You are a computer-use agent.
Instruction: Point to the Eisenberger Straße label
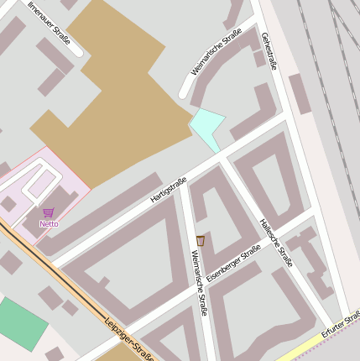(x=233, y=262)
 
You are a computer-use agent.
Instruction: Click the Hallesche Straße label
(x=276, y=243)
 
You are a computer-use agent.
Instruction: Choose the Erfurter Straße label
(x=340, y=322)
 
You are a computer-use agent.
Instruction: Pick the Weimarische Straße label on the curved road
(x=216, y=52)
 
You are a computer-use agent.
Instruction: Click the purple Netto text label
(x=49, y=224)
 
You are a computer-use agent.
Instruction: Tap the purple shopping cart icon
(x=49, y=213)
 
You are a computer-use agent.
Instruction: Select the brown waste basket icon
(x=201, y=242)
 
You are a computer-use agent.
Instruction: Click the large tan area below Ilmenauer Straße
(x=117, y=101)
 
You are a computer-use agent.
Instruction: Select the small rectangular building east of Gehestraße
(x=300, y=92)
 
